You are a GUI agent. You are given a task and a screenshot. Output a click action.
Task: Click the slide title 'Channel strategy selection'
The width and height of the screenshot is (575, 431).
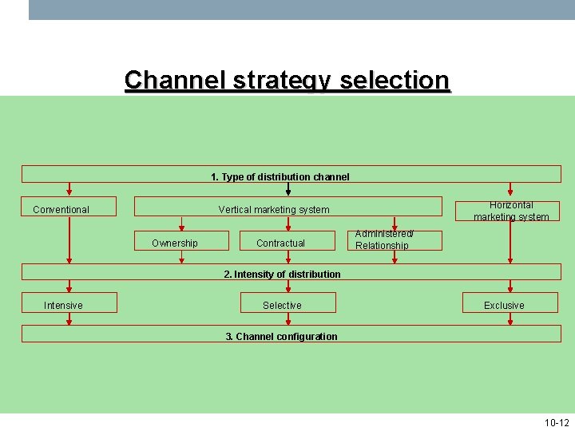click(287, 81)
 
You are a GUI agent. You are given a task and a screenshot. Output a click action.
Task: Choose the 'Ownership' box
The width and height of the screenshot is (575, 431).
click(175, 243)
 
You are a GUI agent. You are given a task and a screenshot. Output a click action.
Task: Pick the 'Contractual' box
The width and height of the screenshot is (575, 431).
click(280, 243)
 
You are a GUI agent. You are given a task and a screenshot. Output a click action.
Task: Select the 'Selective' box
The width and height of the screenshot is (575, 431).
click(287, 305)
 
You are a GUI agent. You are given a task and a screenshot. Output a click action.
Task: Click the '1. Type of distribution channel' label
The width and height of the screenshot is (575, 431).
click(280, 176)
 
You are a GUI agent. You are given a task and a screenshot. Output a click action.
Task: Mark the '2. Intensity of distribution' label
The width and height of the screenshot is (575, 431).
click(283, 274)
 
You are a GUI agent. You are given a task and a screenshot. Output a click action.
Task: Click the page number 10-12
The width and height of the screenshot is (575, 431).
click(556, 422)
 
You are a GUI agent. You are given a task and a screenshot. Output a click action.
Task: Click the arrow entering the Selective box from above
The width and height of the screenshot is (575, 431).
click(287, 286)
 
